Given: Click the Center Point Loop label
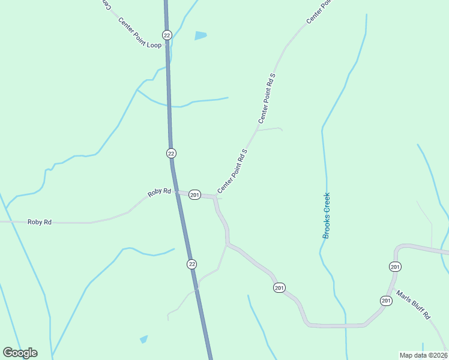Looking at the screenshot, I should click(x=139, y=33).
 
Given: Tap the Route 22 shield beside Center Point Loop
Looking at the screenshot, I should click(x=167, y=35).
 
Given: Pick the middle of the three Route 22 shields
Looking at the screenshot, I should click(x=171, y=153).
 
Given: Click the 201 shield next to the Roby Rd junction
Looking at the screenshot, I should click(x=194, y=195).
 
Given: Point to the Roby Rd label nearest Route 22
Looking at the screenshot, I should click(x=160, y=193).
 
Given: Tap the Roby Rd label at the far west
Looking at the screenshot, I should click(x=40, y=222).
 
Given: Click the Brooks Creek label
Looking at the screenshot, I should click(x=327, y=215).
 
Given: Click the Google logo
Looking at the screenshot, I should click(x=20, y=353).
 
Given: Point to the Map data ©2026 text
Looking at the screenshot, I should click(x=423, y=355).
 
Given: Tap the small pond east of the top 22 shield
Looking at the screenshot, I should click(x=200, y=35).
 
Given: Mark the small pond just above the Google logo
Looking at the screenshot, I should click(x=143, y=339).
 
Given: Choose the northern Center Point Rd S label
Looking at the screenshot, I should click(x=267, y=98).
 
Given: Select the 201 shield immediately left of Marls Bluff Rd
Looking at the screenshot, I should click(x=385, y=300).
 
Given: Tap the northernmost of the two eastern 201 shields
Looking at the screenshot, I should click(x=395, y=266).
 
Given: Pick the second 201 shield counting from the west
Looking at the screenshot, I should click(x=279, y=289).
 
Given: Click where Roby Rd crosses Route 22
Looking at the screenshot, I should click(x=175, y=193).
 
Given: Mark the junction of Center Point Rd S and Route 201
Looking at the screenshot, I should click(x=214, y=196).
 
